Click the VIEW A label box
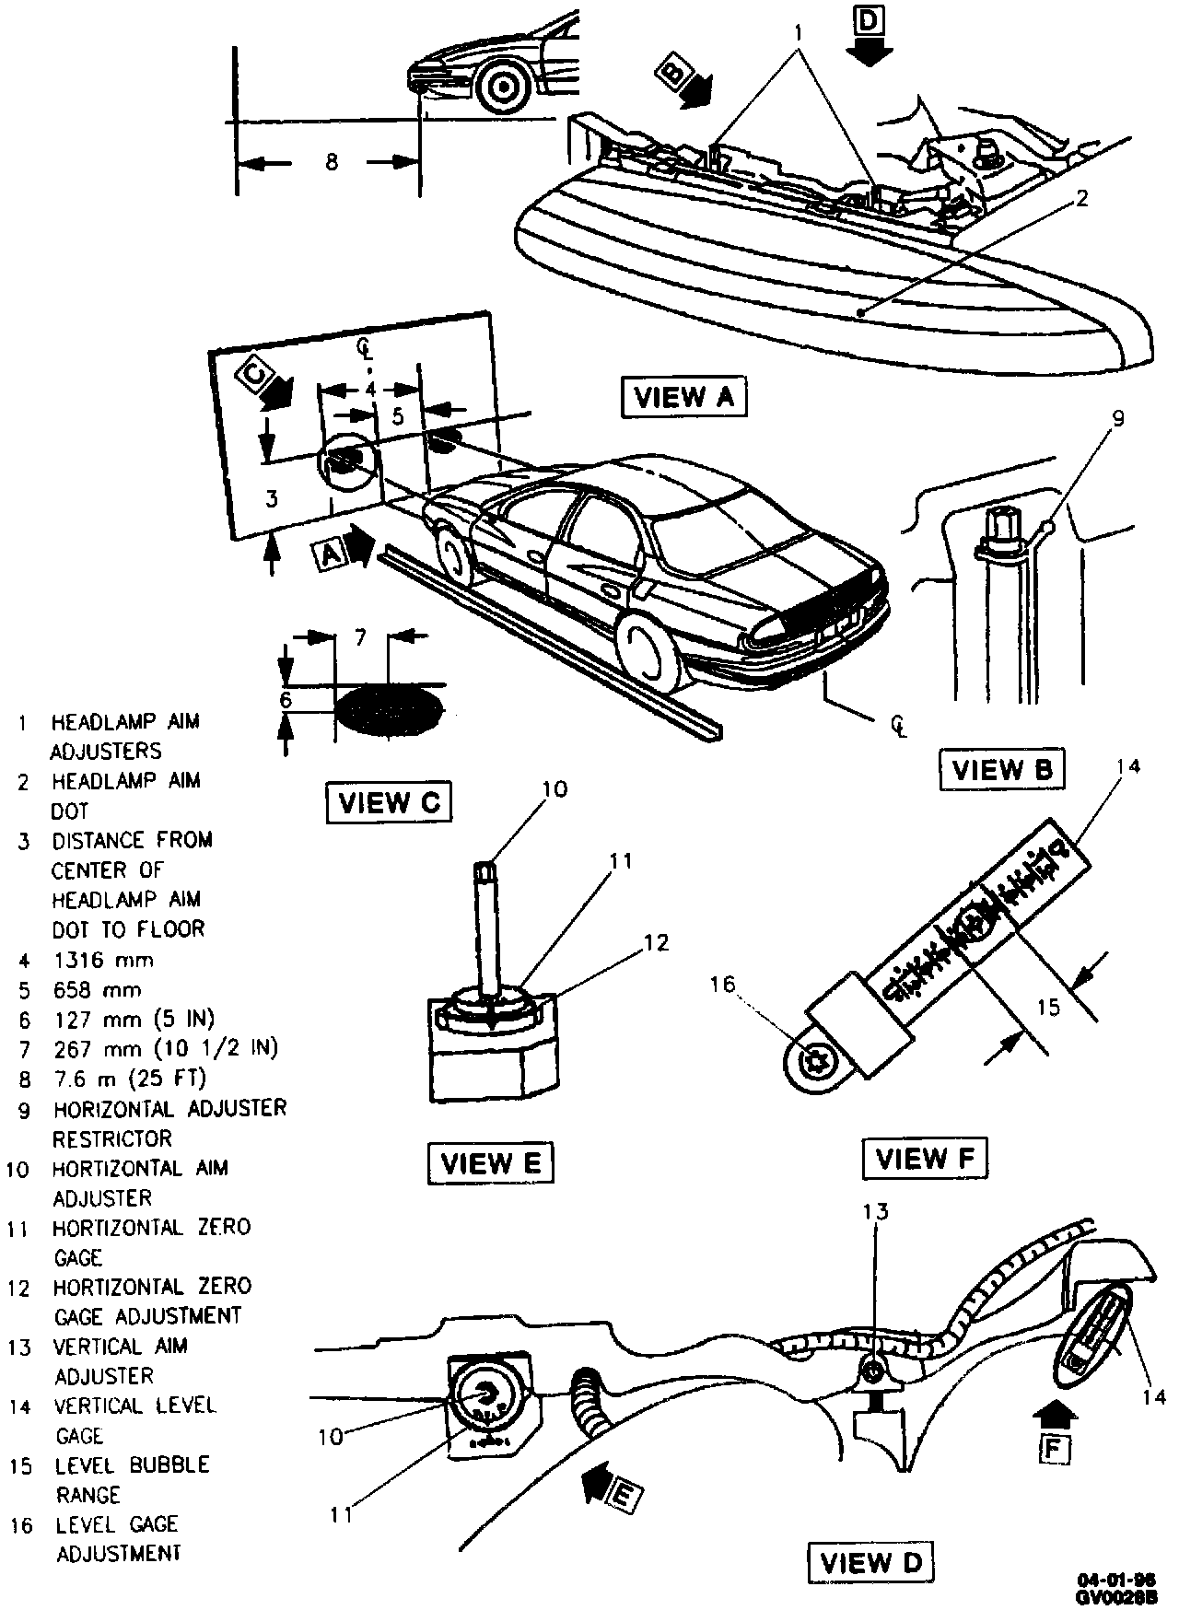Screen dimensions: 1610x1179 [x=683, y=397]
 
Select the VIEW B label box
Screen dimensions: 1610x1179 [x=1002, y=769]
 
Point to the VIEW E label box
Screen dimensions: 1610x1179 [x=491, y=1162]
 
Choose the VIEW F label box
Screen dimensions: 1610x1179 [x=924, y=1158]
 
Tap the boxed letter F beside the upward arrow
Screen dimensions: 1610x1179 [x=1056, y=1449]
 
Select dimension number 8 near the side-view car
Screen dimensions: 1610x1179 [x=331, y=162]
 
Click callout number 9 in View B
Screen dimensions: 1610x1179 [x=1117, y=419]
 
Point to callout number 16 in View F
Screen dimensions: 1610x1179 [x=723, y=985]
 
